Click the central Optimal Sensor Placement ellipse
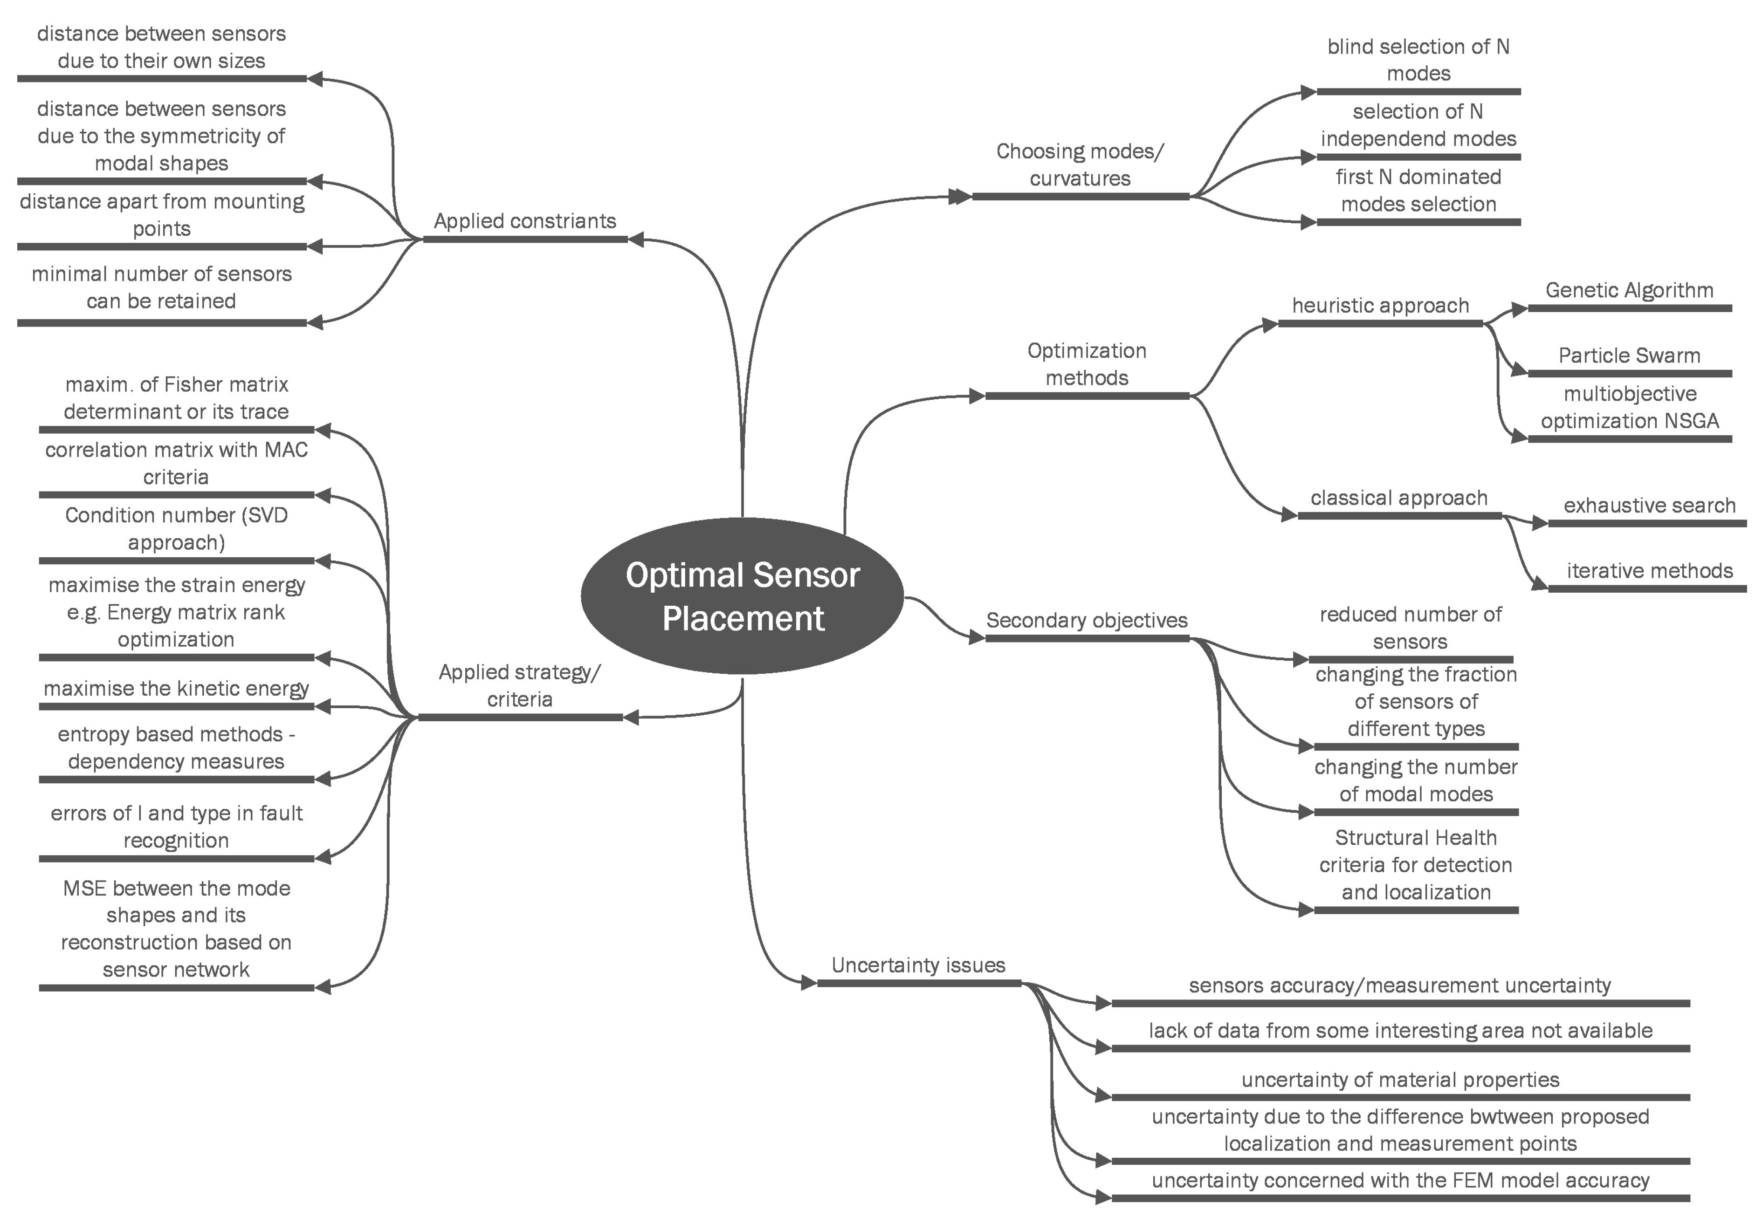[742, 596]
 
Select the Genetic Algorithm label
[1629, 291]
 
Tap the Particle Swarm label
[1629, 356]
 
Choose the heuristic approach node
[1380, 306]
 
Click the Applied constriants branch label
[525, 221]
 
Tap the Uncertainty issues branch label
[918, 965]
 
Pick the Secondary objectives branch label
[1086, 621]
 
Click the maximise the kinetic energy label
[176, 689]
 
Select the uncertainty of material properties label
[1400, 1080]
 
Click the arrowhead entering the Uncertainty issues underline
[809, 983]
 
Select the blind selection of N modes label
[1418, 60]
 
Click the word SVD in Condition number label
[267, 515]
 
